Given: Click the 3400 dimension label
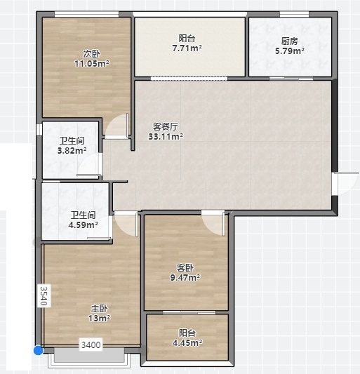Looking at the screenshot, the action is point(91,345).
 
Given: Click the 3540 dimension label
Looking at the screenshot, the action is point(44,296).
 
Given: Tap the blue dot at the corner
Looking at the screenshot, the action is point(38,351).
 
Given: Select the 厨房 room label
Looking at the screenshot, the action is point(290,41).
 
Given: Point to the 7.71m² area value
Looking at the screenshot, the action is point(187,48).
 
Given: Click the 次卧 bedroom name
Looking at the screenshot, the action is point(92,54).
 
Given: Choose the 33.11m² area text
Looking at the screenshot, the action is point(166,137).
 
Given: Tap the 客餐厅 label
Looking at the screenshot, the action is point(166,126).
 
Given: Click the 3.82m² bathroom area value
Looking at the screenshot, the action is point(72,150).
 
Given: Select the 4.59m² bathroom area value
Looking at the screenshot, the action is point(83,225).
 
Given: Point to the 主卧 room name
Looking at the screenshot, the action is point(99,309).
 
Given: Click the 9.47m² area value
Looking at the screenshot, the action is point(185,278).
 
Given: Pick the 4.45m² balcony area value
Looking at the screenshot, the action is point(187,342).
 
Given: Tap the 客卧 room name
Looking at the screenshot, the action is point(185,268).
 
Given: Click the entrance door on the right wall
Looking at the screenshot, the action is point(345,183).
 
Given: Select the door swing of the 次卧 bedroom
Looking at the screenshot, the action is point(116,125).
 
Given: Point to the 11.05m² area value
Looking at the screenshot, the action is point(92,64).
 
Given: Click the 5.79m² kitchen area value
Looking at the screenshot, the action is point(290,51).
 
